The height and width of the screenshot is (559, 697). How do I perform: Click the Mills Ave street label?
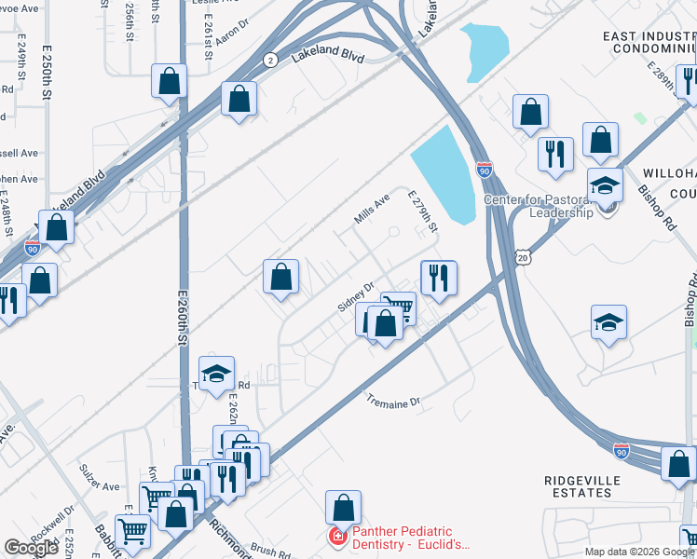pyautogui.click(x=371, y=210)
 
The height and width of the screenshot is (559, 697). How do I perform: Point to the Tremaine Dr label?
pyautogui.click(x=393, y=402)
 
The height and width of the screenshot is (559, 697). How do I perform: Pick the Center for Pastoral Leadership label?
pyautogui.click(x=539, y=206)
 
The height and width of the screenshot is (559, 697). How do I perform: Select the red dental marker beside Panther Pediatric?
pyautogui.click(x=336, y=538)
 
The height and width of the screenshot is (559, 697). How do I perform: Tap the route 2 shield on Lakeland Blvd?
pyautogui.click(x=269, y=60)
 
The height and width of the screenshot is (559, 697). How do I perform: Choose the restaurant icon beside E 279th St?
pyautogui.click(x=439, y=277)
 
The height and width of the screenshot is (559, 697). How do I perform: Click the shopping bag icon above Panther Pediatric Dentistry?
pyautogui.click(x=343, y=508)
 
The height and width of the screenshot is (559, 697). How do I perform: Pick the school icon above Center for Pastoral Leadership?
pyautogui.click(x=605, y=184)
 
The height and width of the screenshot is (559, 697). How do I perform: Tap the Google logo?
pyautogui.click(x=31, y=548)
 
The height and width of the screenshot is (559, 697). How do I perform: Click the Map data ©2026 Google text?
pyautogui.click(x=639, y=552)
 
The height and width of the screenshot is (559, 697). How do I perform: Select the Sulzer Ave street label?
pyautogui.click(x=99, y=486)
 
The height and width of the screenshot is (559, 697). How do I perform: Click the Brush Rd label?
pyautogui.click(x=271, y=551)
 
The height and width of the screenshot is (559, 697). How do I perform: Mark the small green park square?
pyautogui.click(x=639, y=118)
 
